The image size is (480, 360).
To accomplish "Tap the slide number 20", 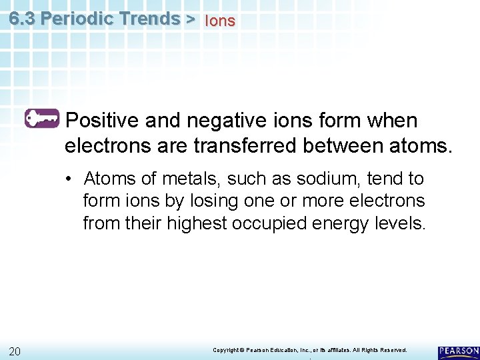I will point(15,351).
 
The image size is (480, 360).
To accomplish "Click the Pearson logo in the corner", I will point(458,352).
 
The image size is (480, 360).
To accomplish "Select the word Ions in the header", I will point(220,21).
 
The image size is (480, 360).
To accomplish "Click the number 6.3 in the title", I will point(23,18).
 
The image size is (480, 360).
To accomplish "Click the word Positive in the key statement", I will point(103,121).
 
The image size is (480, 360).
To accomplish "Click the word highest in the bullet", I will point(195,222).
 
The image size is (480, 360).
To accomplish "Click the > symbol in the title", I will point(191,19).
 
